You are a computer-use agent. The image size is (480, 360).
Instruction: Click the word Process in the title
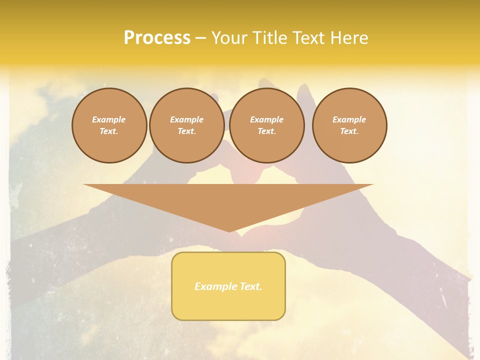pos(157,38)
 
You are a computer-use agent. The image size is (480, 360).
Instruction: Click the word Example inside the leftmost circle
pos(109,119)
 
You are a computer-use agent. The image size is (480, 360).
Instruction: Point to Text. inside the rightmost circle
pos(349,131)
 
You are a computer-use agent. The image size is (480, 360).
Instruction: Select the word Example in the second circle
pos(186,119)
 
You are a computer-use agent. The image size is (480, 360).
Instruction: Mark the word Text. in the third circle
pos(266,131)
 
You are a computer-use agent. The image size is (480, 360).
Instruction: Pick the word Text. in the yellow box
pos(251,286)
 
